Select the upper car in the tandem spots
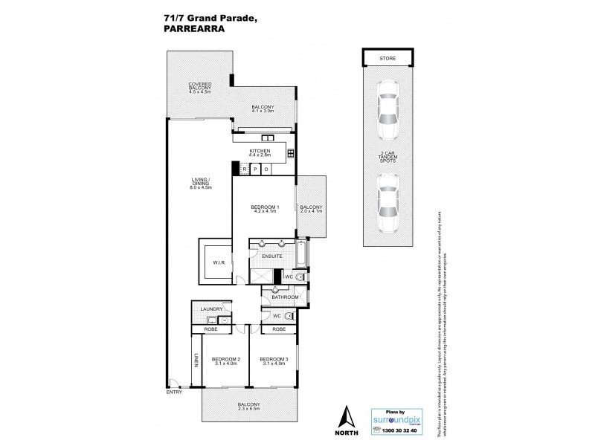[x=388, y=109]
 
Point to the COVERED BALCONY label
[x=200, y=88]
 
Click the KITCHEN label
[x=260, y=153]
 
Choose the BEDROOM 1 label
[x=264, y=208]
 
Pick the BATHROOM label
[x=285, y=297]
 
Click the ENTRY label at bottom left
[x=173, y=391]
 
